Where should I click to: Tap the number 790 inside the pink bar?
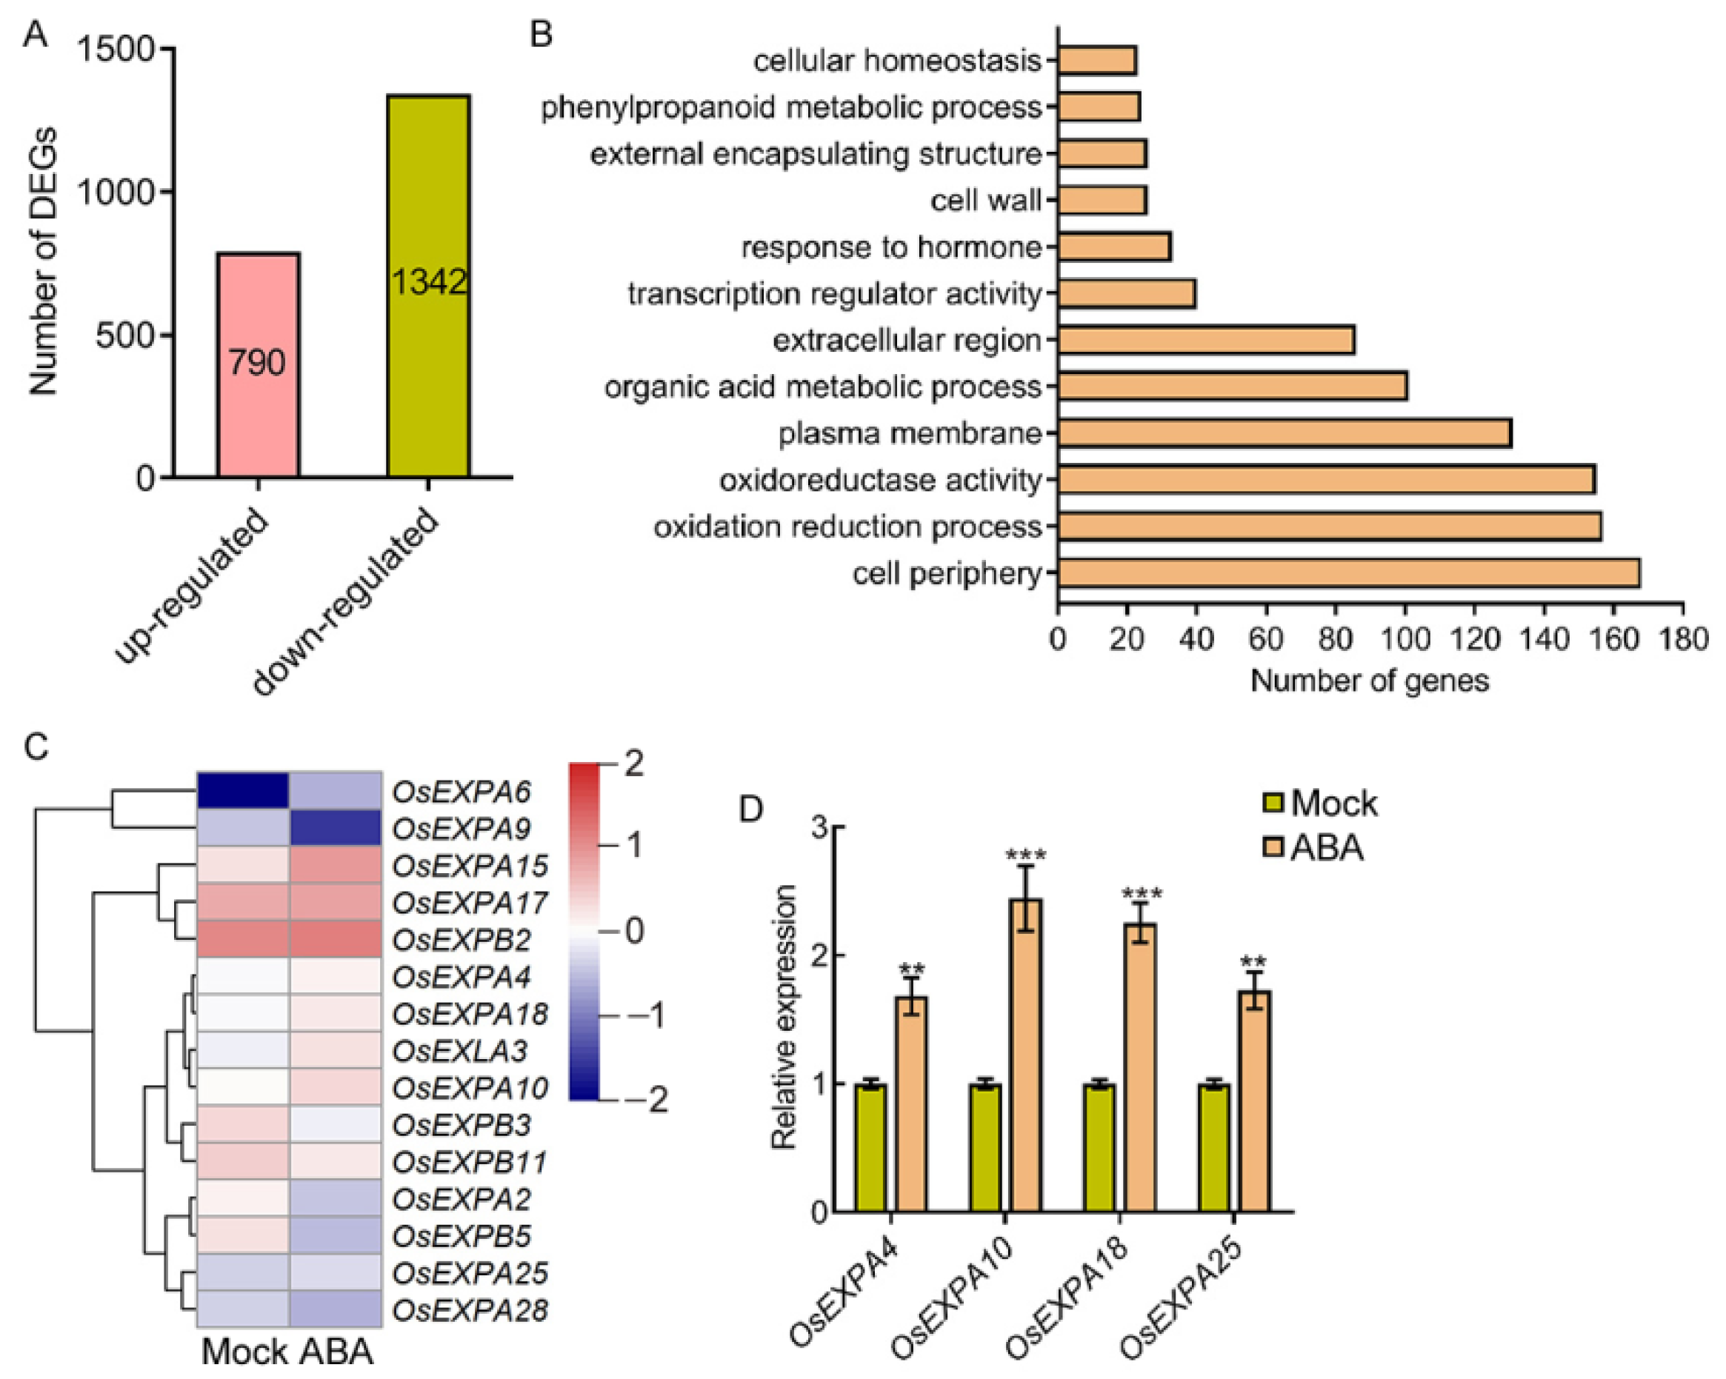(257, 364)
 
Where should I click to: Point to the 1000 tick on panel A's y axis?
(116, 192)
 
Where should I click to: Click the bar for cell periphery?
(1348, 573)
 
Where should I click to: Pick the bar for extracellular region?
(1206, 340)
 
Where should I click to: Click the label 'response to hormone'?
(891, 247)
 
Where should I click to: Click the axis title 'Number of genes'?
(1369, 681)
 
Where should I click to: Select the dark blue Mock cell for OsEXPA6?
(242, 791)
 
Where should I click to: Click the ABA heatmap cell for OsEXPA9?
(335, 827)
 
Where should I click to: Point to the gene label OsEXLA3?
(460, 1050)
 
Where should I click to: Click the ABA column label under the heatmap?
(336, 1351)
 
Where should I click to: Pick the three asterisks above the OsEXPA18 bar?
(1142, 894)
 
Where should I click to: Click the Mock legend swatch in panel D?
(1273, 803)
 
